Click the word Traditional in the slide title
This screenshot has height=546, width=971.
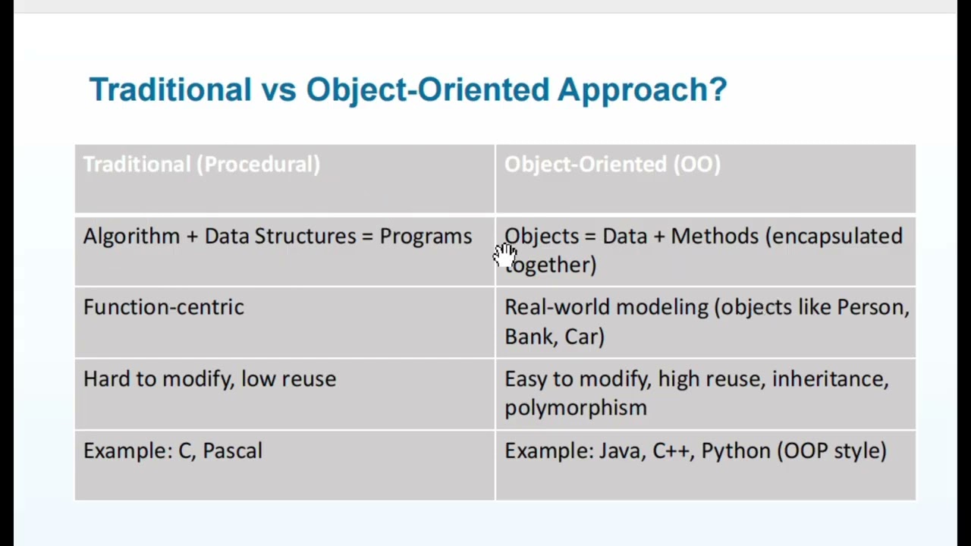pyautogui.click(x=170, y=89)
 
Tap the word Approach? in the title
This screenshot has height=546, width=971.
pyautogui.click(x=642, y=89)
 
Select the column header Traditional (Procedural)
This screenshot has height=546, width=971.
pyautogui.click(x=201, y=165)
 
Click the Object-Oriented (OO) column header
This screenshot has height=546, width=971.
pyautogui.click(x=612, y=165)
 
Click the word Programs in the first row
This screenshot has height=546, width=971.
pyautogui.click(x=426, y=237)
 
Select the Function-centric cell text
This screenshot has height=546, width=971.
pyautogui.click(x=163, y=307)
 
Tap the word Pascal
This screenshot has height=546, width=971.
pyautogui.click(x=232, y=450)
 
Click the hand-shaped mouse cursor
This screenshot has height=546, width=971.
pyautogui.click(x=505, y=256)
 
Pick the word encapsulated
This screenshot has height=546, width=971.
pyautogui.click(x=834, y=237)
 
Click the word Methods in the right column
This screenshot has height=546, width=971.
pyautogui.click(x=715, y=237)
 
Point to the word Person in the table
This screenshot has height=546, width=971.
pyautogui.click(x=872, y=307)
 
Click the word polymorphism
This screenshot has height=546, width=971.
pyautogui.click(x=575, y=408)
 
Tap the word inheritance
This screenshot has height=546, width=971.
pyautogui.click(x=829, y=379)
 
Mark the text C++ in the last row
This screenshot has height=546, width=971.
pyautogui.click(x=671, y=450)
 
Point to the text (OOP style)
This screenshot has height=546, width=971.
pyautogui.click(x=831, y=451)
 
